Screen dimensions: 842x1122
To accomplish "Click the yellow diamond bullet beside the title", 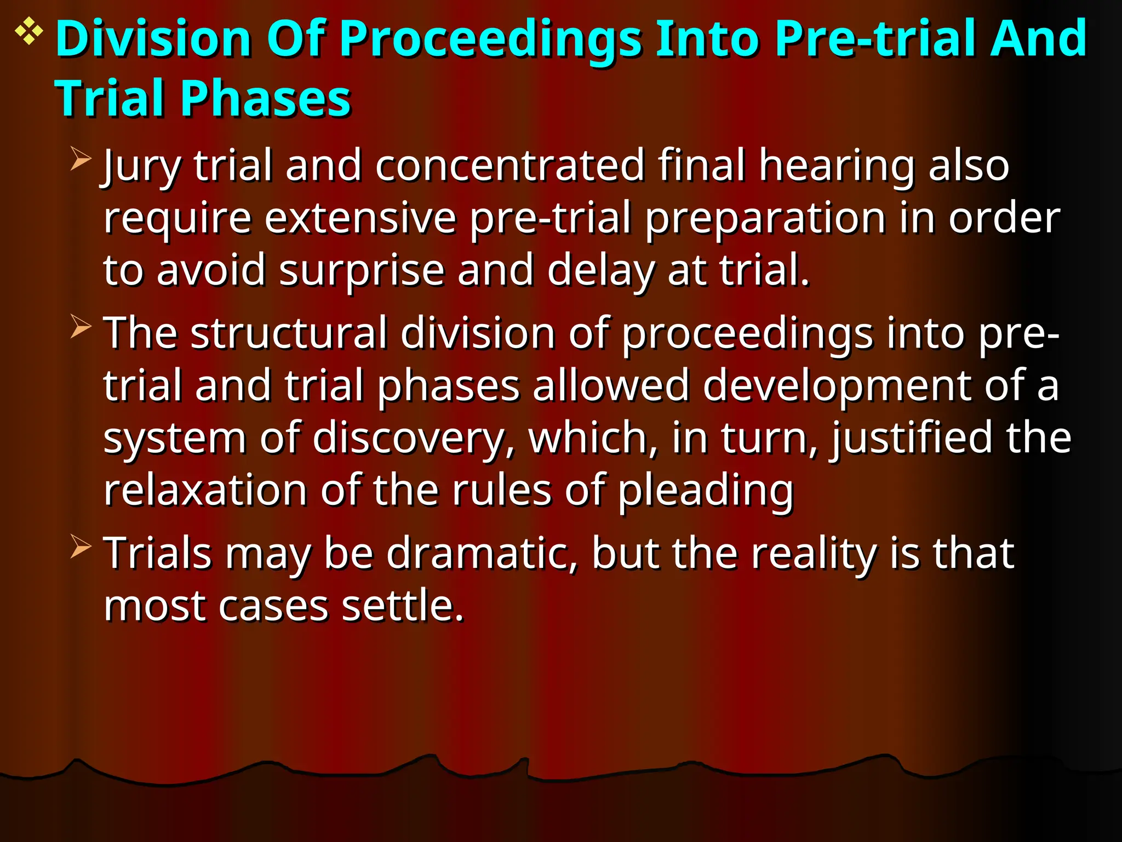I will click(29, 32).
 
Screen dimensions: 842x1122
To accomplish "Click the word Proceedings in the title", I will click(490, 39).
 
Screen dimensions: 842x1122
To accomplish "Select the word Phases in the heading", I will click(266, 99).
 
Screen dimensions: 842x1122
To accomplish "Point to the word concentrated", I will click(510, 165).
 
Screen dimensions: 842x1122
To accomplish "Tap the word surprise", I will click(362, 271).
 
